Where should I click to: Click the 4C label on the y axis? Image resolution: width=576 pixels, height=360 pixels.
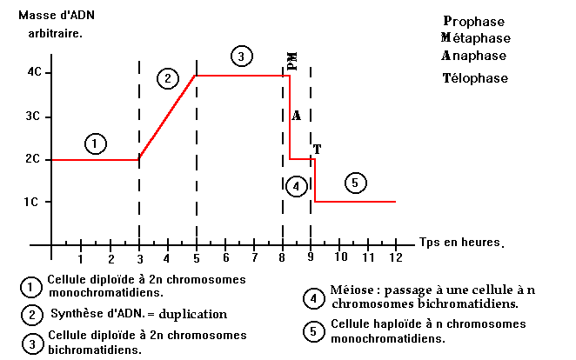point(34,71)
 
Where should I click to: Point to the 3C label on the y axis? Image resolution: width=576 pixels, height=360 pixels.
point(32,116)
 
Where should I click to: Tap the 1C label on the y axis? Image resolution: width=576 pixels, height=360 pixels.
point(30,202)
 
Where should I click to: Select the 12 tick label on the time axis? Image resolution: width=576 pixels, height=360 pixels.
point(396,257)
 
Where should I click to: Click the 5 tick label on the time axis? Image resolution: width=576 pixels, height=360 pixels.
point(197,259)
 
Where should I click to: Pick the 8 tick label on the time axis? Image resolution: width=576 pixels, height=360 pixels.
point(282,257)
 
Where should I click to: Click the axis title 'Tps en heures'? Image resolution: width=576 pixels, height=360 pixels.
point(460,243)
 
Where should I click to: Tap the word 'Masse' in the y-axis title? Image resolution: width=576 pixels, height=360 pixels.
point(34,16)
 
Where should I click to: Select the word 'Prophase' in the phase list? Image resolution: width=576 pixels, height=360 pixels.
point(474,21)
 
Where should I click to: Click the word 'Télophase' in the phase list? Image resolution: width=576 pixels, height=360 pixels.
point(475,78)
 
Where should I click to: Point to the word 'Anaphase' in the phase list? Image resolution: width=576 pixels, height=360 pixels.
point(474,56)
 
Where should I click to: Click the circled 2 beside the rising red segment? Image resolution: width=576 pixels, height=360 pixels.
point(168,78)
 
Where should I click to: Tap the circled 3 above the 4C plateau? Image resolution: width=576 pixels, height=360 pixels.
point(242,57)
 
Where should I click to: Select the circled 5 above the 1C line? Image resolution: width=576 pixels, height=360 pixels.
point(356,183)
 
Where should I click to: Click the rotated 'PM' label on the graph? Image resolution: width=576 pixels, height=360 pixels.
point(292,61)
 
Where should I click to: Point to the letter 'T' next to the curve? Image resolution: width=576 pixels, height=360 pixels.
point(317,150)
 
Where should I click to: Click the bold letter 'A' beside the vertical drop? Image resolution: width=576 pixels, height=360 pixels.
point(296,116)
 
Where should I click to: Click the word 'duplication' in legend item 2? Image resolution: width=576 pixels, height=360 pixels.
point(193,315)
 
